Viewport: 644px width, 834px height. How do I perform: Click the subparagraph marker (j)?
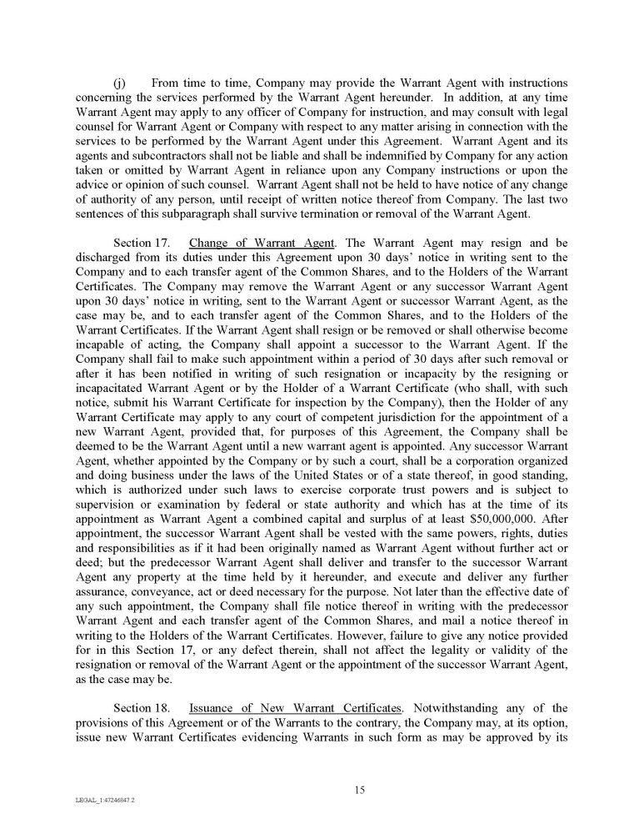[x=119, y=85]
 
